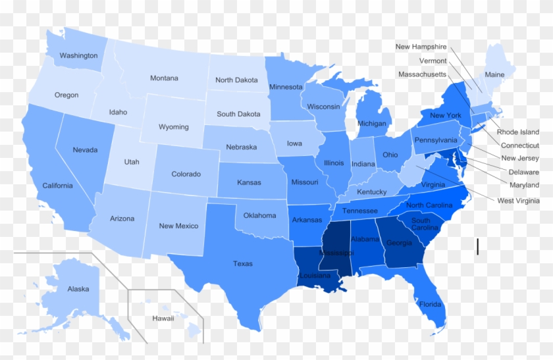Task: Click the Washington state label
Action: point(78,56)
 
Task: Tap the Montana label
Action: point(164,78)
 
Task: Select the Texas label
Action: point(242,264)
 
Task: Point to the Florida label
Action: point(430,305)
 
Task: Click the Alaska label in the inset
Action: point(78,289)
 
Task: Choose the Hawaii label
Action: point(163,319)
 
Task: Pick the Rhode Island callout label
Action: point(517,132)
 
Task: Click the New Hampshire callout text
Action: point(421,47)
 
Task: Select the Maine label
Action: point(494,75)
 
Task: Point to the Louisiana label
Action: point(313,276)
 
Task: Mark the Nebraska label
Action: point(240,147)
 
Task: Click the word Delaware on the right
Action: point(523,172)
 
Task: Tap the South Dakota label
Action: point(238,114)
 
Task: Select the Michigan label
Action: point(372,124)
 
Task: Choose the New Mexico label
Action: point(178,226)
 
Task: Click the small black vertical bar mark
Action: point(477,247)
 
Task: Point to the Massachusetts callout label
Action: point(422,74)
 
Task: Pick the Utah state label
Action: point(132,162)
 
